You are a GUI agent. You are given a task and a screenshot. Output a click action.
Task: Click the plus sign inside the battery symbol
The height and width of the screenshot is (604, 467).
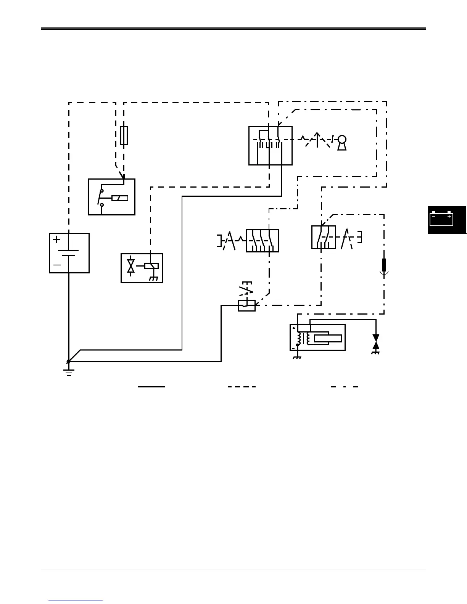pyautogui.click(x=57, y=239)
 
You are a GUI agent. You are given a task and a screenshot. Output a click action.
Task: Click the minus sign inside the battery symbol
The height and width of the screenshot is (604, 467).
pyautogui.click(x=57, y=265)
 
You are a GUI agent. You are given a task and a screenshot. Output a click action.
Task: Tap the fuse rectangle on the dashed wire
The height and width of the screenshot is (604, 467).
pyautogui.click(x=124, y=135)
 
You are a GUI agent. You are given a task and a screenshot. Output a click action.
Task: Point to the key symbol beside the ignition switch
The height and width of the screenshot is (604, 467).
pyautogui.click(x=342, y=143)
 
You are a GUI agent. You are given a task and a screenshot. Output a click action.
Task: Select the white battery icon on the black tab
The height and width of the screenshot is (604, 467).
pyautogui.click(x=441, y=219)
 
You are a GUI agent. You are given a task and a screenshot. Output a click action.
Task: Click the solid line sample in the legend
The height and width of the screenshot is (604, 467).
pyautogui.click(x=151, y=387)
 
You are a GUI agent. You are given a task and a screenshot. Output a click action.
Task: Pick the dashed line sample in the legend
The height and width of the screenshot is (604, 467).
pyautogui.click(x=242, y=387)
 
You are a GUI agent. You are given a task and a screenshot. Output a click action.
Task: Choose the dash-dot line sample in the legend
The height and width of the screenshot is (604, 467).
pyautogui.click(x=344, y=387)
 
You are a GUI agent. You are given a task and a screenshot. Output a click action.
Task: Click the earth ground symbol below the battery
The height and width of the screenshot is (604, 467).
pyautogui.click(x=69, y=372)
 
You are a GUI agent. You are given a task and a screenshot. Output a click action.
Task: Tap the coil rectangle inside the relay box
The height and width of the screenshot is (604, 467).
pyautogui.click(x=120, y=198)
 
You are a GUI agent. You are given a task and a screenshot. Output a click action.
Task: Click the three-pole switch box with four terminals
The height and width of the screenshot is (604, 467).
pyautogui.click(x=262, y=241)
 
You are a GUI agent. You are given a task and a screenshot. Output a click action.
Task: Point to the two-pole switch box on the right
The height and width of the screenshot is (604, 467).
pyautogui.click(x=324, y=237)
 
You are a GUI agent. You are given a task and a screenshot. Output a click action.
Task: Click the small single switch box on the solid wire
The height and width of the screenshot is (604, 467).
pyautogui.click(x=247, y=305)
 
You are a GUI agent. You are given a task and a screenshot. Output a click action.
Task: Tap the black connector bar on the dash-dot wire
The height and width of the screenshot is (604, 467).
pyautogui.click(x=384, y=264)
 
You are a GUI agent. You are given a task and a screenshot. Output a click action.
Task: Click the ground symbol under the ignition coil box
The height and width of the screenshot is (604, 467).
pyautogui.click(x=297, y=357)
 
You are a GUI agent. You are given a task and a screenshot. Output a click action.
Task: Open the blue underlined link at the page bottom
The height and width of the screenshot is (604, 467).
pyautogui.click(x=76, y=601)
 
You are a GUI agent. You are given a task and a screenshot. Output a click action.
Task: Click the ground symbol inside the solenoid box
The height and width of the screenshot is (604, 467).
pyautogui.click(x=153, y=278)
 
